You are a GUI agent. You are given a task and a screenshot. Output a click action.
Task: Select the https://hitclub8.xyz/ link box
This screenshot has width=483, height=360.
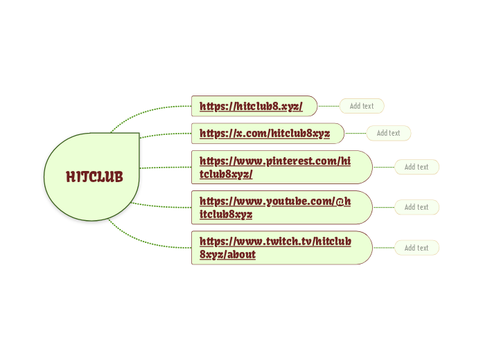(254, 106)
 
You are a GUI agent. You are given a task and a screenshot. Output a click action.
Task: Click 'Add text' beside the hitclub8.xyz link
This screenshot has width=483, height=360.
(362, 106)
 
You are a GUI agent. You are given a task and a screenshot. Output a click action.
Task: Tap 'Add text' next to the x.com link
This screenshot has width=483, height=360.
(389, 133)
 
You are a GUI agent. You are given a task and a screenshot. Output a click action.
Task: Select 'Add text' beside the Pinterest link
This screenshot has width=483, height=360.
(416, 167)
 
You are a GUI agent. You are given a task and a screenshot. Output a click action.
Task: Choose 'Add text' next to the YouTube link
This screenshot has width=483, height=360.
(416, 207)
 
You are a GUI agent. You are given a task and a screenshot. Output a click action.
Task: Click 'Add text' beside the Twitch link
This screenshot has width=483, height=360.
(416, 248)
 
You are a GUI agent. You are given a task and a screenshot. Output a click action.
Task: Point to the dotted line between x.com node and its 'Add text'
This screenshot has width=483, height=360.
(355, 133)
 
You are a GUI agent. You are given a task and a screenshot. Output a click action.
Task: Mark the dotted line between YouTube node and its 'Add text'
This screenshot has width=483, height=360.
(383, 207)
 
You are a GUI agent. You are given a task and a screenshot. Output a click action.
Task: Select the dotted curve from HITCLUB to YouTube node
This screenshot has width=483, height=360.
(163, 206)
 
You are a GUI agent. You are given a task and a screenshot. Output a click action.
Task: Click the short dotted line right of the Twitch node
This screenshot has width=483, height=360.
(383, 248)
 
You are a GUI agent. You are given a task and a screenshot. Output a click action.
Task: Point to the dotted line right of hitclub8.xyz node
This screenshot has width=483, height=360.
(328, 106)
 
